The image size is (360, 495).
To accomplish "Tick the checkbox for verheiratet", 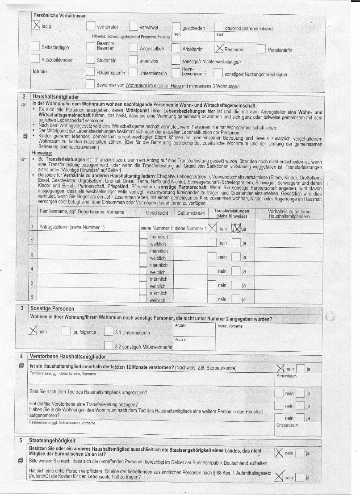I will [91, 27].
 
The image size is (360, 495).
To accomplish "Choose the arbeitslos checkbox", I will [133, 60].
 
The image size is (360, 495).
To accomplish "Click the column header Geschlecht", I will [157, 213].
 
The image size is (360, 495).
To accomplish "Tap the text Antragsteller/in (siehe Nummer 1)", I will [72, 228].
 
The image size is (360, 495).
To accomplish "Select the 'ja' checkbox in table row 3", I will [236, 257].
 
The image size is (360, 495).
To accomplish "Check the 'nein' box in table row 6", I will [212, 299].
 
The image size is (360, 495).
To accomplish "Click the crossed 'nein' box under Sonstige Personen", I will [33, 330].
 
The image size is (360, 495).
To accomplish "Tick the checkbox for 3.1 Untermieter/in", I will [108, 331].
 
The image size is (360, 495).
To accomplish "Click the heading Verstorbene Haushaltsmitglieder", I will [68, 357].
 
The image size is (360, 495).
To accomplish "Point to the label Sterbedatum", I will [287, 376].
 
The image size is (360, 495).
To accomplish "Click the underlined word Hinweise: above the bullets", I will [42, 153].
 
